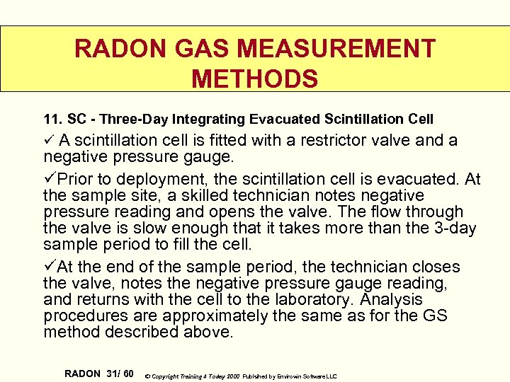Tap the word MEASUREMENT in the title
pyautogui.click(x=336, y=49)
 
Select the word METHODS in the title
pyautogui.click(x=255, y=79)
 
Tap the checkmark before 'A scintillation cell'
pyautogui.click(x=49, y=139)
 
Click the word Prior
pyautogui.click(x=76, y=180)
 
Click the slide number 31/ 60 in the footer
pyautogui.click(x=120, y=373)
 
